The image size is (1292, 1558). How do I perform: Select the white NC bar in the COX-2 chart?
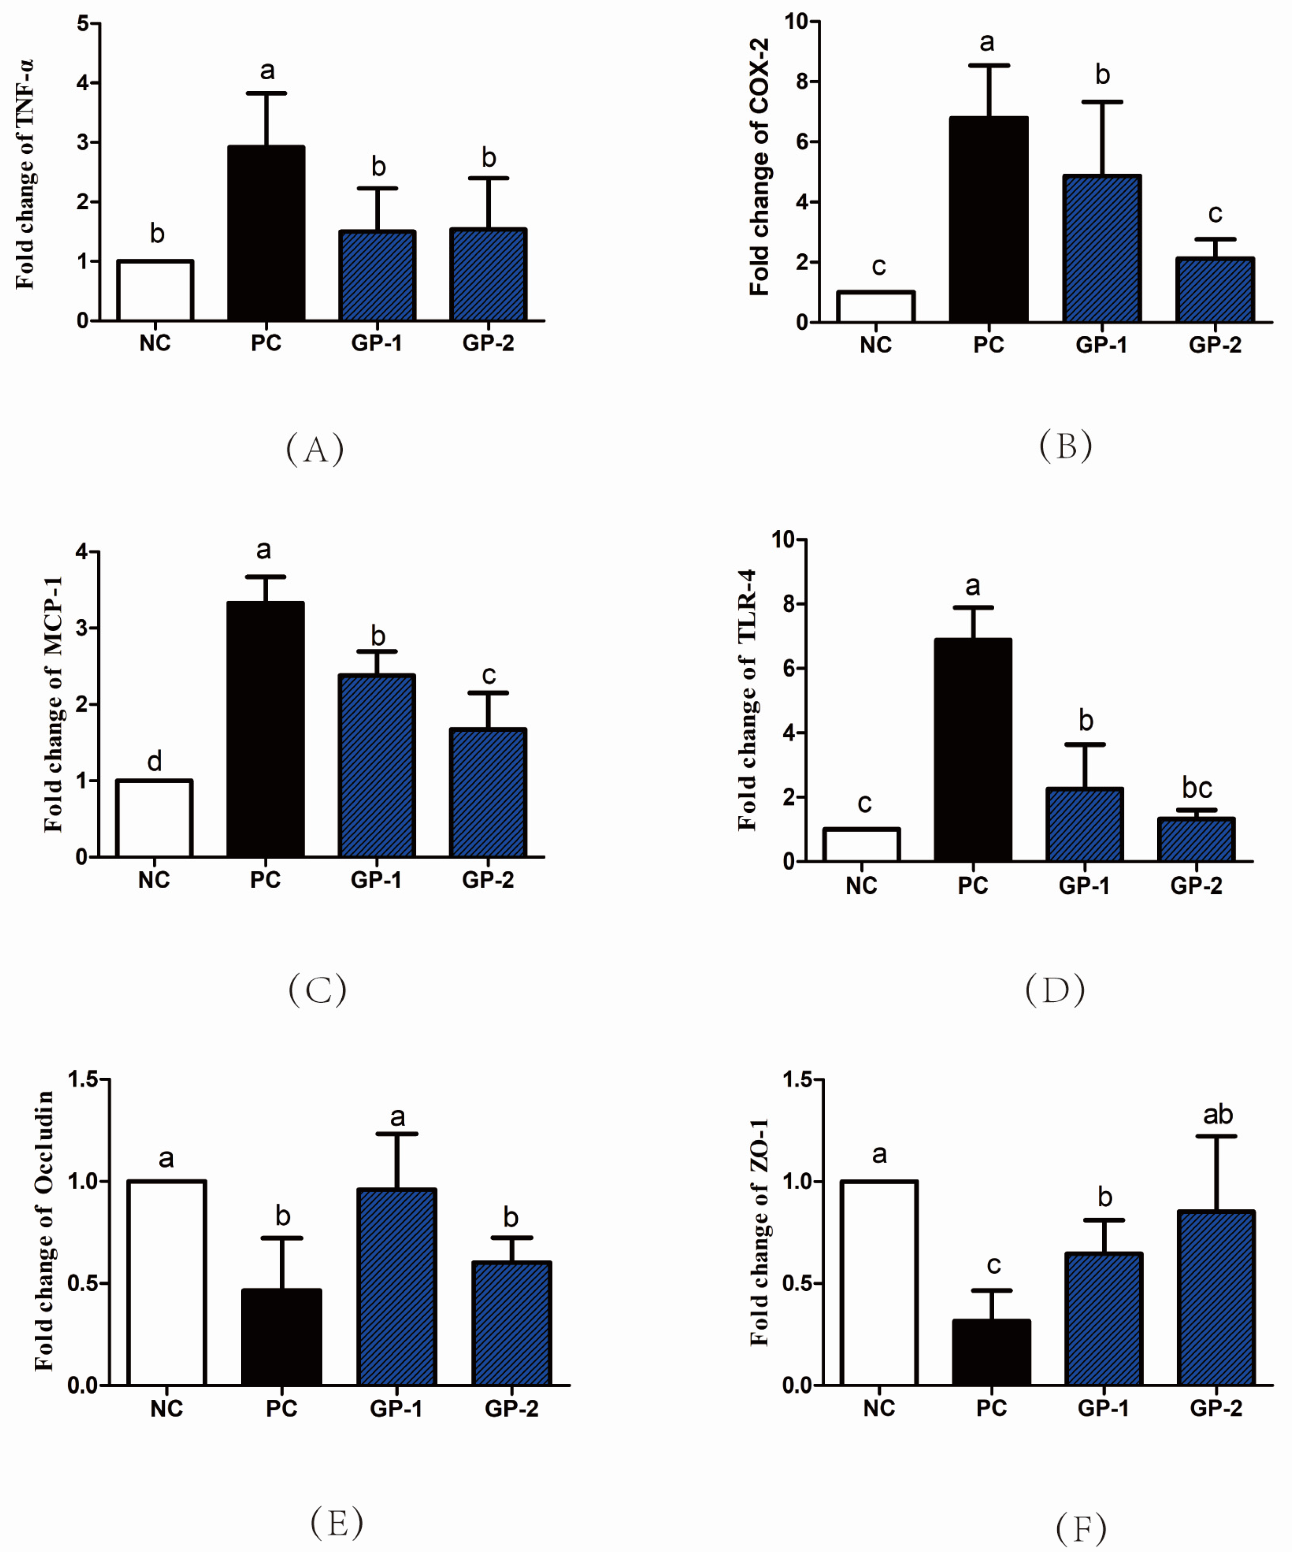(875, 307)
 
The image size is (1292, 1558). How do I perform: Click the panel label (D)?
(1054, 990)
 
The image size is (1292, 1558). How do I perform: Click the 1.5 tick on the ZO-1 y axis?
(798, 1080)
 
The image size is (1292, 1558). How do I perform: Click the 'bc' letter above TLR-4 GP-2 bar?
(1196, 787)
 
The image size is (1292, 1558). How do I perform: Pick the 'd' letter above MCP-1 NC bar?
(154, 761)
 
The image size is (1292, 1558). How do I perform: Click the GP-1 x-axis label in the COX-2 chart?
(1101, 345)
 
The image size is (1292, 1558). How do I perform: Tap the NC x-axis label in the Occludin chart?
(166, 1408)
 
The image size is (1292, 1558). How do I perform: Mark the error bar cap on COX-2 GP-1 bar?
(1102, 101)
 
